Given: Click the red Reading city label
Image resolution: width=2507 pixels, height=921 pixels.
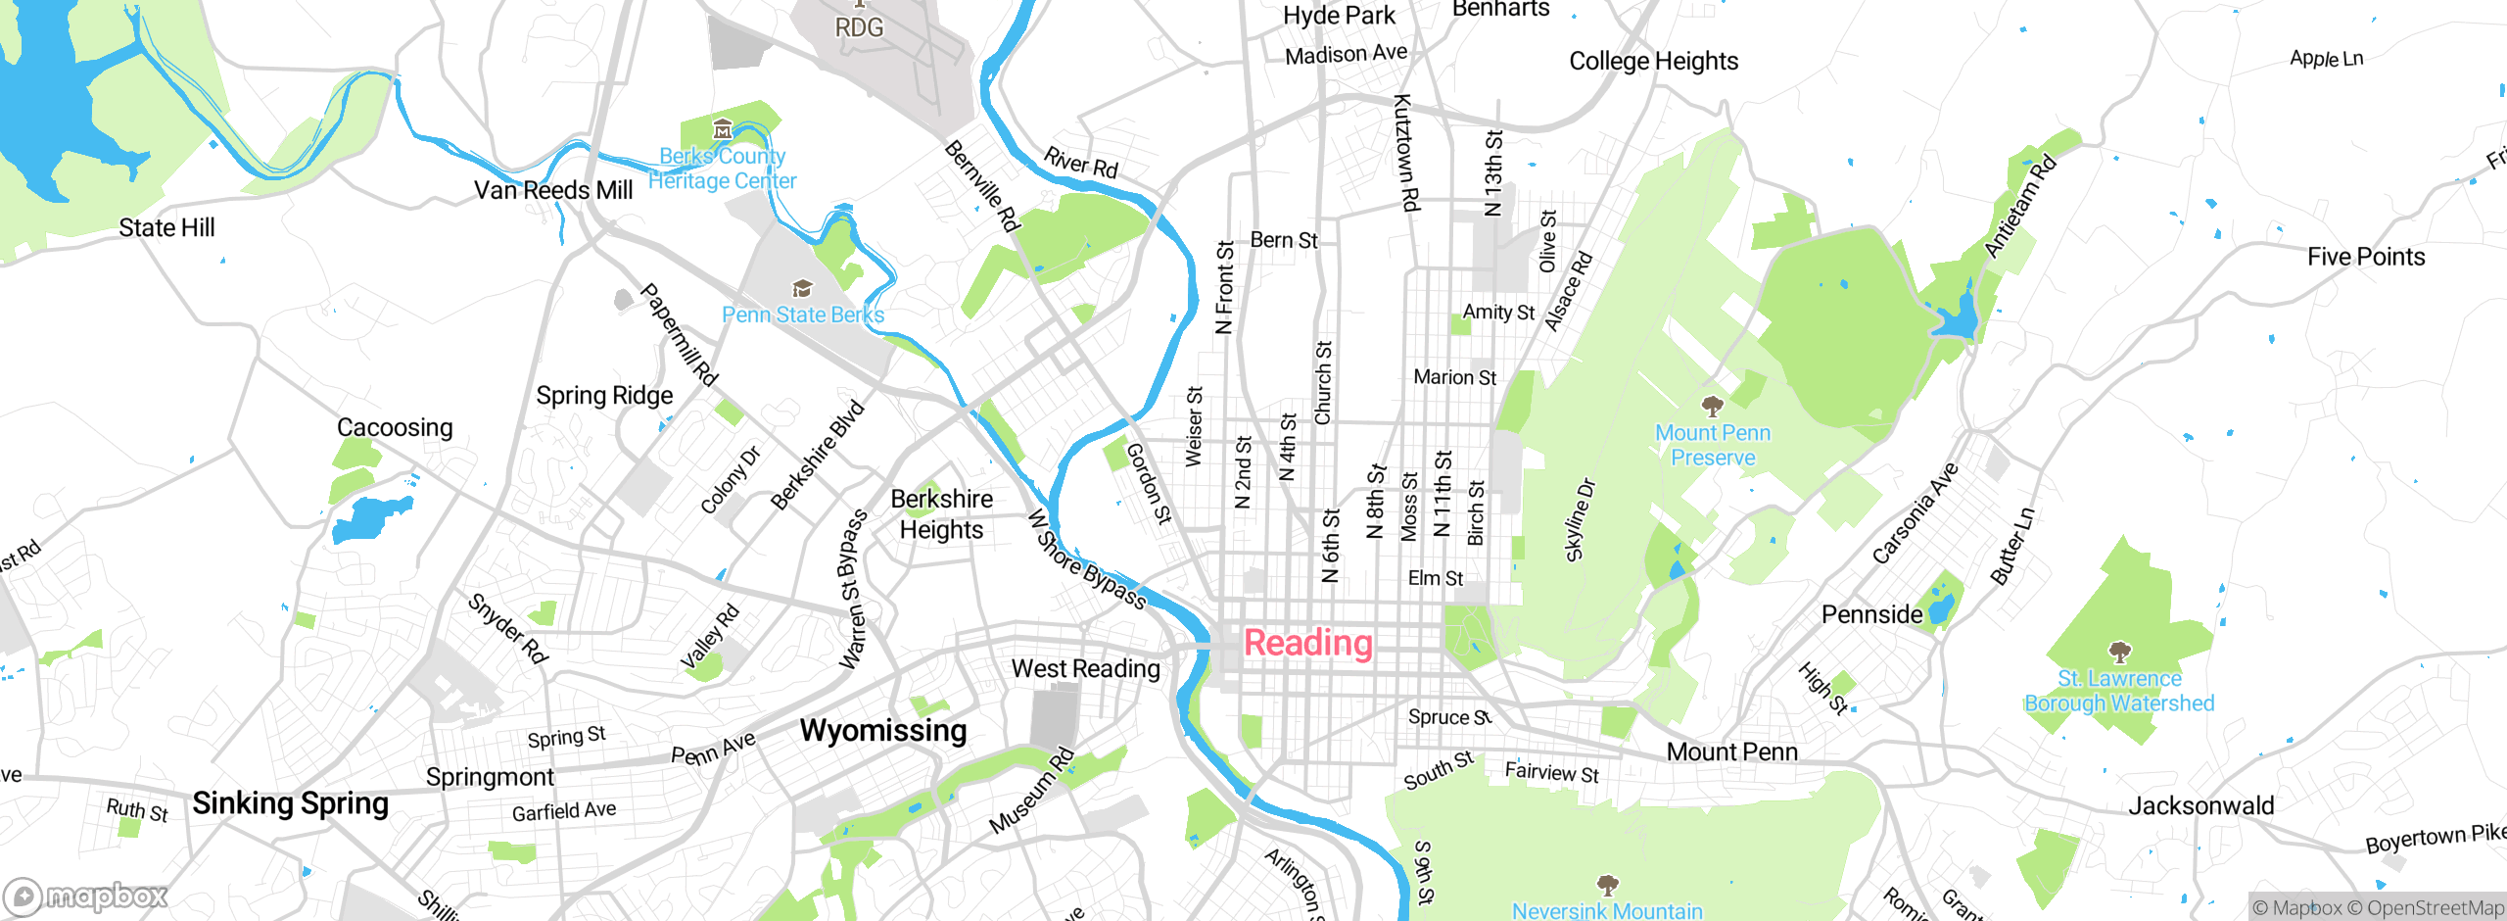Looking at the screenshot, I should [1307, 644].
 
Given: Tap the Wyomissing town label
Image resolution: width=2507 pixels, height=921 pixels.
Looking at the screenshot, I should [883, 731].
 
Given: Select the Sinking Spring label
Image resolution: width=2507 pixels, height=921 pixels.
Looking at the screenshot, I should [290, 803].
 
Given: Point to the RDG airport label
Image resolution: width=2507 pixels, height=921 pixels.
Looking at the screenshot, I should [859, 26].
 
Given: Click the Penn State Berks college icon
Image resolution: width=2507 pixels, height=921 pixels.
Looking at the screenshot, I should [802, 288].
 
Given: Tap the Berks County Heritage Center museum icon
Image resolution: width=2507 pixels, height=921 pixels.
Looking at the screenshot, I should [723, 128].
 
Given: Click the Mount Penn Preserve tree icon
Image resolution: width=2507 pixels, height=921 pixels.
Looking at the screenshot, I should [1712, 406].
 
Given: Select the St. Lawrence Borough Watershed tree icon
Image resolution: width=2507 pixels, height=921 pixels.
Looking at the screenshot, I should [2119, 652].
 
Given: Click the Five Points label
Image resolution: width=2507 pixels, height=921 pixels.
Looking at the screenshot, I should [2366, 257].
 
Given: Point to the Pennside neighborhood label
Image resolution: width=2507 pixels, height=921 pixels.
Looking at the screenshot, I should [1871, 615].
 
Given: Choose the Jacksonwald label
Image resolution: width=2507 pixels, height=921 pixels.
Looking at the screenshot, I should [2200, 806].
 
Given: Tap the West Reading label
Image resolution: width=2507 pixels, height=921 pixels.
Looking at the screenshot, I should [1085, 669].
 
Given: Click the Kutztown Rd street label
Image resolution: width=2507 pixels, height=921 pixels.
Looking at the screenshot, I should [1406, 152].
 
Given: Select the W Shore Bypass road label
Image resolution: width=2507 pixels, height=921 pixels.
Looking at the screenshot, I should [1086, 559].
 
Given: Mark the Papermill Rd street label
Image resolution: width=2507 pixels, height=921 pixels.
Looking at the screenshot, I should [680, 334].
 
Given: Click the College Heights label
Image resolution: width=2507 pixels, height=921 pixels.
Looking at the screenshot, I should [1653, 61].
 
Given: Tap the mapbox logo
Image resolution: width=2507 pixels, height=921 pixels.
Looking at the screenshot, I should [86, 896].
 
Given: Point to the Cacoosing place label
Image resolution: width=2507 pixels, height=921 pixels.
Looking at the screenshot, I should [395, 427].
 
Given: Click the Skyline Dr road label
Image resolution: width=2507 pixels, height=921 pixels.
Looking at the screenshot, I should [1580, 520].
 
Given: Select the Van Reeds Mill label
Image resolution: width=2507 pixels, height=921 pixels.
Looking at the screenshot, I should [553, 190].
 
